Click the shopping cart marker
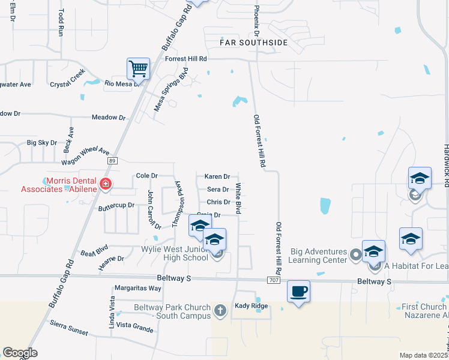139,69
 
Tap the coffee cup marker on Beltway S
298,292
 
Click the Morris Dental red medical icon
106,184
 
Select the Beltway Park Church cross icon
220,310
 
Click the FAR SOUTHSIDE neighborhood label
254,43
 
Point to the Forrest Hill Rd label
186,59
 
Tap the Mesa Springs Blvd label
171,89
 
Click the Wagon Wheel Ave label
85,157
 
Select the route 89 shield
112,161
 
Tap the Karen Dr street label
217,176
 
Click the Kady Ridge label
250,306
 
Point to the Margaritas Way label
138,288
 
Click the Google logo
20,353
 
